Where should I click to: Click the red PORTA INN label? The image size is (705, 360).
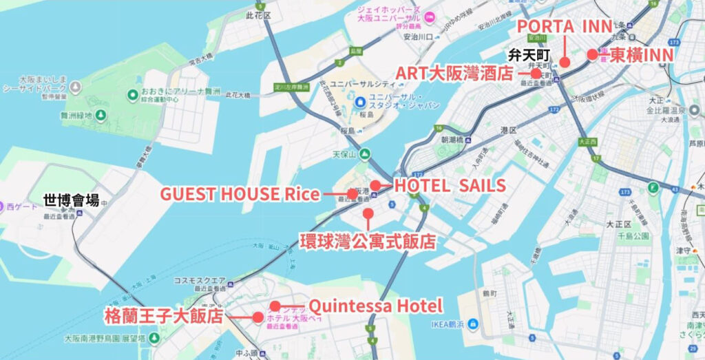(x=564, y=26)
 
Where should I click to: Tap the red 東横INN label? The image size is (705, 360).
(x=641, y=54)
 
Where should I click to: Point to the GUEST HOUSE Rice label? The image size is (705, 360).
(x=240, y=194)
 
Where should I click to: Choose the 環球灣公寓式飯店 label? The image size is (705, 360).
(x=368, y=241)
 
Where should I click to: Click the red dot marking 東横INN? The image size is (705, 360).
(x=591, y=54)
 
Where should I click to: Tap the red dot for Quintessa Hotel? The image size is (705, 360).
(x=275, y=306)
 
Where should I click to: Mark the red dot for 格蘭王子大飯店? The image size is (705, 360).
(x=257, y=317)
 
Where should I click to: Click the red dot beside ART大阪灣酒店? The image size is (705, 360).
(x=536, y=73)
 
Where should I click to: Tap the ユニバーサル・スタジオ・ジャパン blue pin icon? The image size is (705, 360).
(x=361, y=102)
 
